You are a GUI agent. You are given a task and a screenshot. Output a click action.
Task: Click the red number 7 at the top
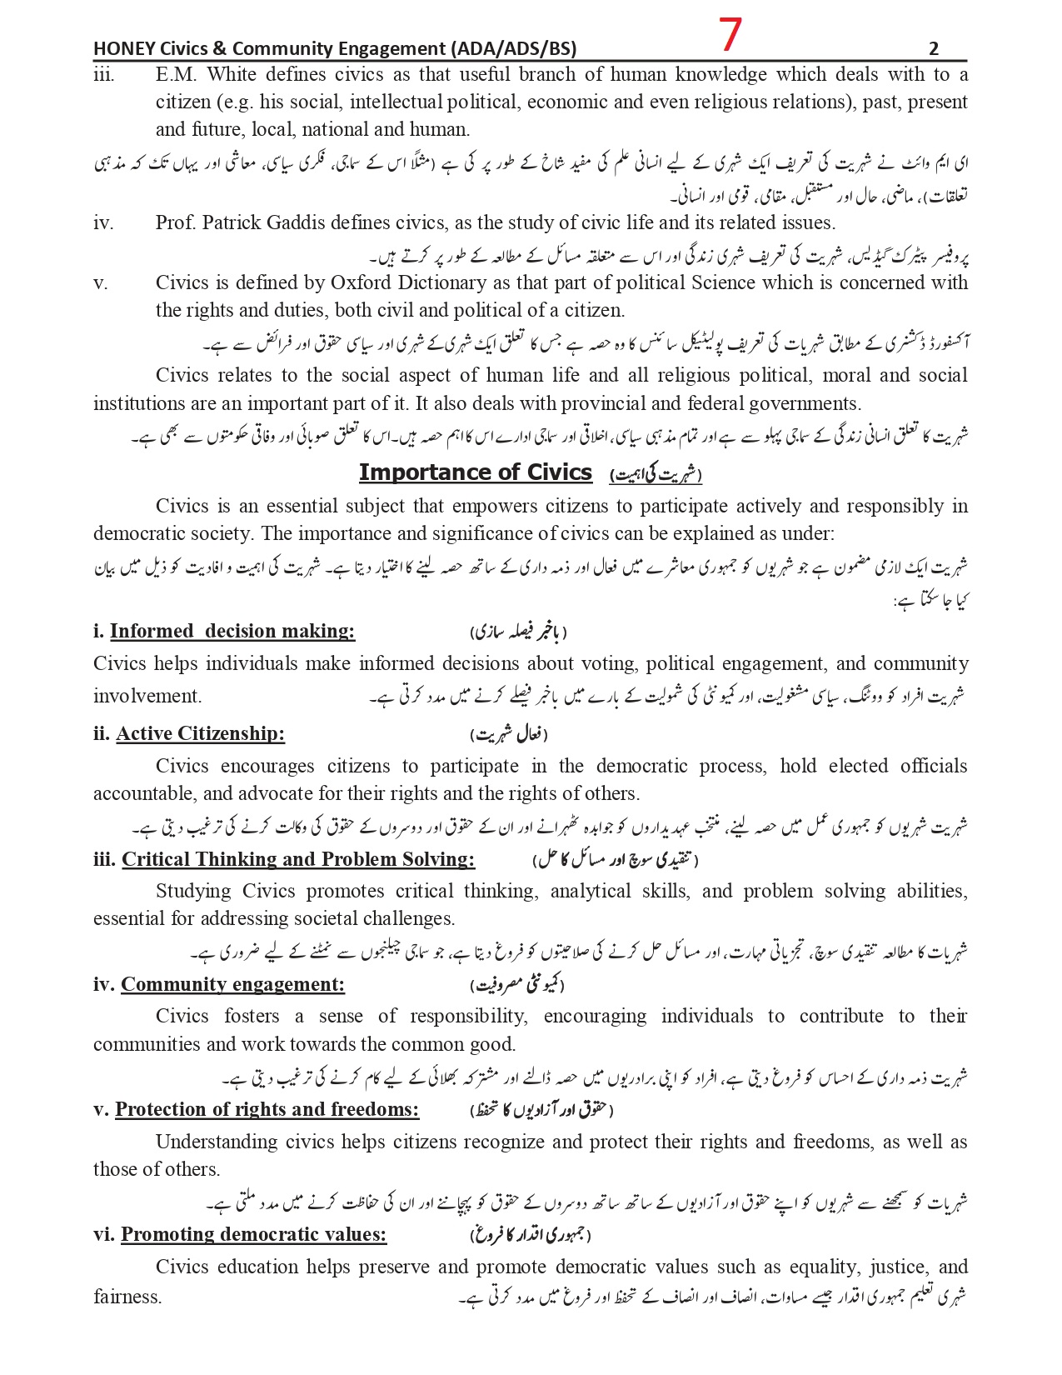point(730,34)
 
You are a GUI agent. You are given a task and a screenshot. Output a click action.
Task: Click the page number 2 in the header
point(934,48)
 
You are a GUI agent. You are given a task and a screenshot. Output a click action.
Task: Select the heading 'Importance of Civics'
point(475,472)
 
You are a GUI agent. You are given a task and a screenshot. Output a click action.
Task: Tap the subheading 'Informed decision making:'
point(232,631)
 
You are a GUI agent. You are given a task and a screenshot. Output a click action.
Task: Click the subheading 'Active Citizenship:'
point(200,733)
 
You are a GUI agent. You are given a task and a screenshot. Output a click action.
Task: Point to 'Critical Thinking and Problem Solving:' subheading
point(297,859)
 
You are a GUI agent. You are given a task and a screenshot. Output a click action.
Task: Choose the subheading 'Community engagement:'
point(232,984)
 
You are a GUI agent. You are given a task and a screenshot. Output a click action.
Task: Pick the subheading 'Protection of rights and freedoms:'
point(267,1109)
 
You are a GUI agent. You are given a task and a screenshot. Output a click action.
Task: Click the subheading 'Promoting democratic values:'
point(253,1234)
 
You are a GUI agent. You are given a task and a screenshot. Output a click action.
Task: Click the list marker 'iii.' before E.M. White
point(103,75)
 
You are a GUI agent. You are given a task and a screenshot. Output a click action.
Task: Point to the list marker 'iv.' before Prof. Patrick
point(103,222)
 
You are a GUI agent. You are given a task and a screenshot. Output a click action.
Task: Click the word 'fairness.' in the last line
point(127,1297)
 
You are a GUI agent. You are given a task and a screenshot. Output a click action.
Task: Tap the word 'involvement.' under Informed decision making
point(147,696)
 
